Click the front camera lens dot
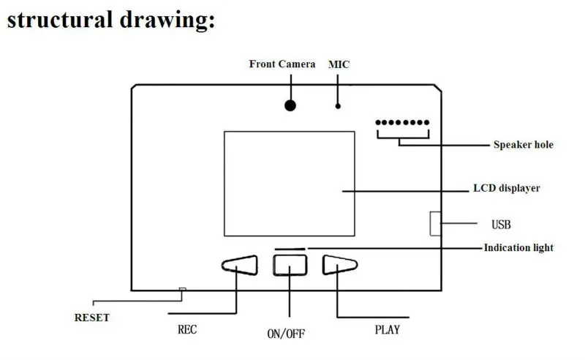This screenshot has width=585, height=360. click(x=290, y=105)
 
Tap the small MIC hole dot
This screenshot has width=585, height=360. click(x=338, y=106)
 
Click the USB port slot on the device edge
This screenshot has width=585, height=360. click(x=435, y=223)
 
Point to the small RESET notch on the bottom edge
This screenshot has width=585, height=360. click(x=182, y=290)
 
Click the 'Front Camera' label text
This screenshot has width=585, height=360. click(x=282, y=64)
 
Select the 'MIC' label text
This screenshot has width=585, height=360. click(x=339, y=64)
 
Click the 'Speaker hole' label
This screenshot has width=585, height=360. click(x=523, y=145)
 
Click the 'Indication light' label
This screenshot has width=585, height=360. click(x=518, y=247)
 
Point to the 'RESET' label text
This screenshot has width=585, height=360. click(x=92, y=318)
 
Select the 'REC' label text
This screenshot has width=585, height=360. click(x=188, y=329)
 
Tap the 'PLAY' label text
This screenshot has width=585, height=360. click(x=387, y=329)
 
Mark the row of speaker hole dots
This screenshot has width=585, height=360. click(x=403, y=123)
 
